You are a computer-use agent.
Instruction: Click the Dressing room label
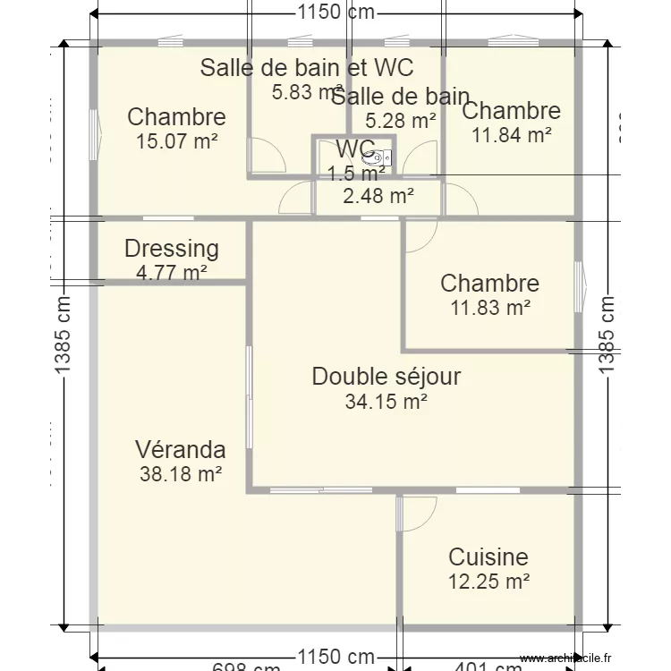[x=171, y=249]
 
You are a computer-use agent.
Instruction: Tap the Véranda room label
[x=180, y=449]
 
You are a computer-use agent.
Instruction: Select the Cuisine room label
[x=488, y=556]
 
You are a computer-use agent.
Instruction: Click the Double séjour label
[x=386, y=377]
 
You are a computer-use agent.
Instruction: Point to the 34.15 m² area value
[x=386, y=403]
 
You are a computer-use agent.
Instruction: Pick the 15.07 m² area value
[x=177, y=140]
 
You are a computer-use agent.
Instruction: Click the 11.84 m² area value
[x=511, y=135]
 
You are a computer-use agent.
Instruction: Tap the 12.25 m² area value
[x=488, y=582]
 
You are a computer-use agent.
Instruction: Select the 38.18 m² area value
[x=180, y=474]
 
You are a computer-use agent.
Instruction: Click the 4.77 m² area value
[x=172, y=273]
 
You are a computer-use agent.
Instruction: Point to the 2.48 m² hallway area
[x=378, y=195]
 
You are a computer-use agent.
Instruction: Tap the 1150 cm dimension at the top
[x=335, y=13]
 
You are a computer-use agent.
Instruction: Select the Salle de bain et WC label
[x=306, y=68]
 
